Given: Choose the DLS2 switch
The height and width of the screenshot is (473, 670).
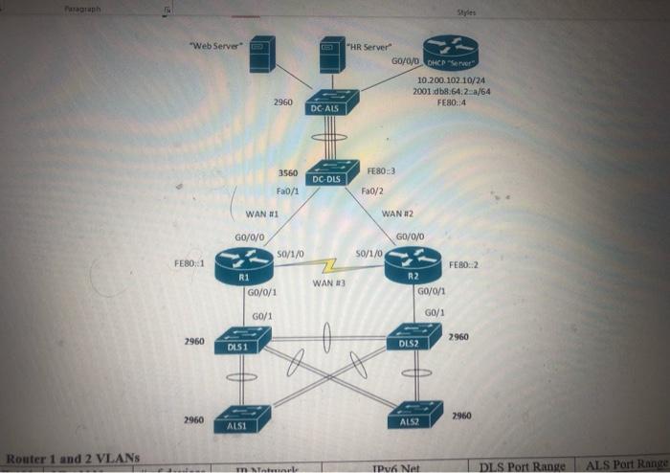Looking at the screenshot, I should pyautogui.click(x=413, y=337).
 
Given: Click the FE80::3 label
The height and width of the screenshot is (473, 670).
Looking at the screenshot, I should pyautogui.click(x=379, y=172).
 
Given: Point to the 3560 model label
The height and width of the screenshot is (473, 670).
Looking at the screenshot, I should pyautogui.click(x=287, y=173).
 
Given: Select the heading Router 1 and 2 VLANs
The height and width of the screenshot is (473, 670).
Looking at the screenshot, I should pyautogui.click(x=73, y=460).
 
